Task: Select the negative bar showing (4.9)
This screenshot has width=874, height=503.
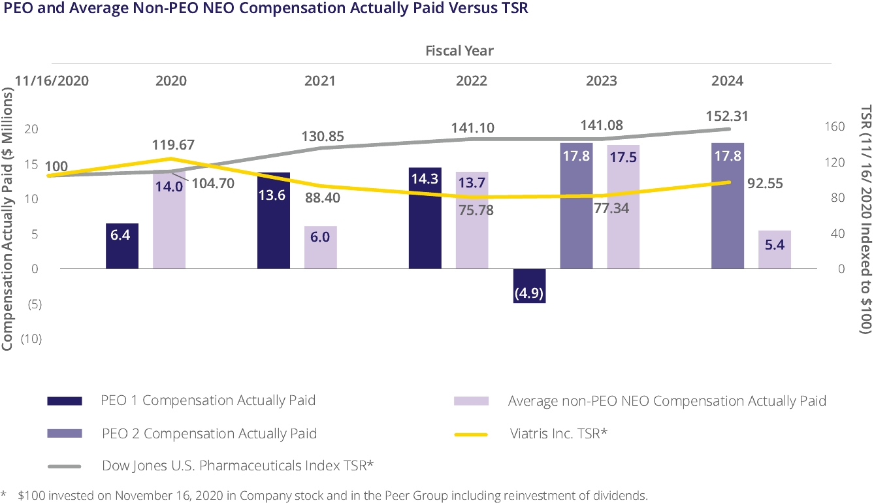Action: pos(529,285)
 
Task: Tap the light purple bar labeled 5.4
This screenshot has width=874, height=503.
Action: pos(774,249)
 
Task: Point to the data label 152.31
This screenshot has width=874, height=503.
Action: pos(726,116)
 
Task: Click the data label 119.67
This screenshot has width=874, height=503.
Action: pos(173,145)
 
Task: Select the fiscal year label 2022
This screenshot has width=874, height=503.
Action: pos(472,81)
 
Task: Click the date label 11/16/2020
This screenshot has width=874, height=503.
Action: pos(51,81)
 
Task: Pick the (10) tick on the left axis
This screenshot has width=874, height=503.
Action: pos(31,338)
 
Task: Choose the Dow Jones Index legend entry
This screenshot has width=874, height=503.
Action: pos(238,465)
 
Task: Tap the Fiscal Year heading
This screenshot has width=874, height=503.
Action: pos(459,50)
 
